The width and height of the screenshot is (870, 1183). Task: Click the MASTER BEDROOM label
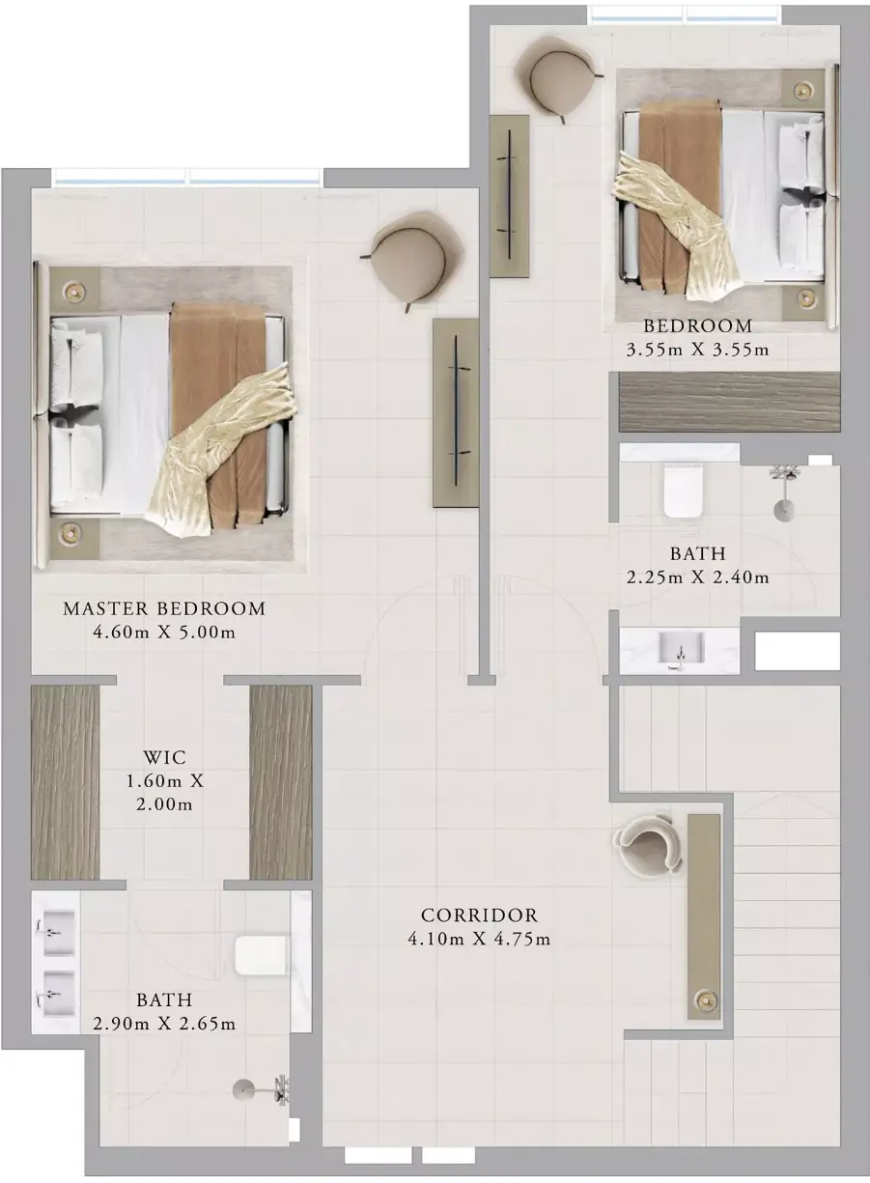point(164,608)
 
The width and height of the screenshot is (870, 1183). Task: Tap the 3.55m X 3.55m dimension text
point(697,350)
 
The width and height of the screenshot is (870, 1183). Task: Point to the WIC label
point(165,757)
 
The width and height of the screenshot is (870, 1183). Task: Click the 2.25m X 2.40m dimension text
point(697,577)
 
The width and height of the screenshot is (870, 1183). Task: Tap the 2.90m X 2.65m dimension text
point(164,1024)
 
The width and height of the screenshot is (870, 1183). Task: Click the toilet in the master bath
point(263,955)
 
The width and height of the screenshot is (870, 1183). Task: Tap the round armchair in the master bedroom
point(411,260)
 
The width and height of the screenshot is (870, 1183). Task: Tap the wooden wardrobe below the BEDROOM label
point(729,403)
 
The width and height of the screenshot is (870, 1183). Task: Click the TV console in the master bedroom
point(456,412)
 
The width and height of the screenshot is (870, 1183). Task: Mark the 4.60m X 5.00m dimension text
point(164,632)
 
